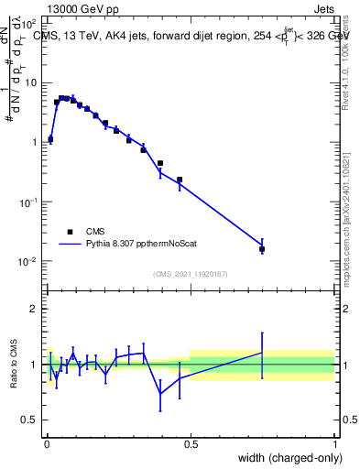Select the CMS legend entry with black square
pos(84,232)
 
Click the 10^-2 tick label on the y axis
pos(27,261)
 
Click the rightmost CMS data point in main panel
pos(262,248)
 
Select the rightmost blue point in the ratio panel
pos(262,352)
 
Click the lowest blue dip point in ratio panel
pos(160,394)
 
